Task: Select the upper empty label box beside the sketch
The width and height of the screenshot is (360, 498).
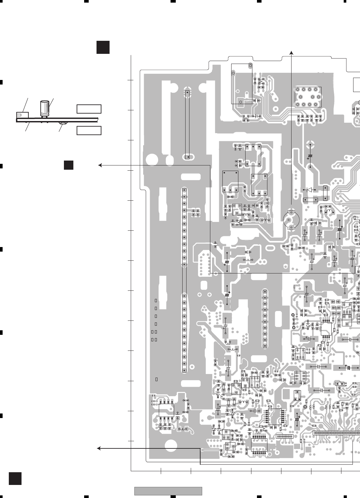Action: coord(89,109)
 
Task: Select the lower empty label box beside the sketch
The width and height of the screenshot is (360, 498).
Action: coord(89,131)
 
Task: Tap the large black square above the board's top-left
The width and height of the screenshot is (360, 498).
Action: coord(103,47)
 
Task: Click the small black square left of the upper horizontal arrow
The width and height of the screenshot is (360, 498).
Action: coord(68,165)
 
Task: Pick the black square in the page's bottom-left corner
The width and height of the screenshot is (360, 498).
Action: coord(15,478)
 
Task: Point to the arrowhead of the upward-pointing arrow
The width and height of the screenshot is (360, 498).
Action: coord(292,53)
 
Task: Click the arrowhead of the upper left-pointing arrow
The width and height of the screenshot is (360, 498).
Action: coord(100,165)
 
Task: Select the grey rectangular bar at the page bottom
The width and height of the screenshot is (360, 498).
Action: coord(168,491)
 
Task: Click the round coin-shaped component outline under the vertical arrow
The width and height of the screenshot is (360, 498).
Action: coord(291,219)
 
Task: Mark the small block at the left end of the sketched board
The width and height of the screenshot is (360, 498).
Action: coord(22,115)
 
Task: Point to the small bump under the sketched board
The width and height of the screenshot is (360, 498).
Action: coord(63,123)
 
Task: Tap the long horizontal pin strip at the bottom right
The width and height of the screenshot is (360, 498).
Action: coord(336,433)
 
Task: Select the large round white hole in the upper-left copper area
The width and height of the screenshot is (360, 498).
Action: coord(152,160)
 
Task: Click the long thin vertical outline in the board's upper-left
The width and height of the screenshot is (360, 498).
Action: coord(187,124)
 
